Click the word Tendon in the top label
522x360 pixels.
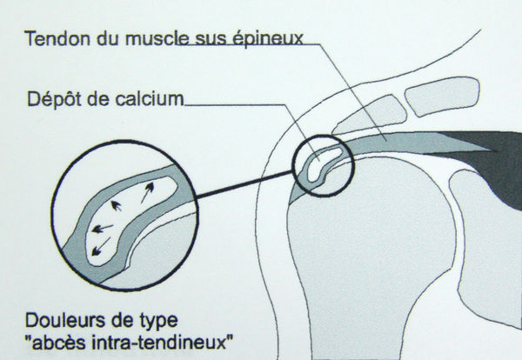tap(58, 38)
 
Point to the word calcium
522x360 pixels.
tap(149, 99)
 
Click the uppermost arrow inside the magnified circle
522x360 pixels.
tap(148, 192)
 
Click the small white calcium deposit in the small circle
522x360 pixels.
tap(322, 164)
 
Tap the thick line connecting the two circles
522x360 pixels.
tap(245, 183)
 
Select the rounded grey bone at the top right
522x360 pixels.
tap(443, 97)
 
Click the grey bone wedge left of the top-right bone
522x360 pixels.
tap(370, 116)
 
